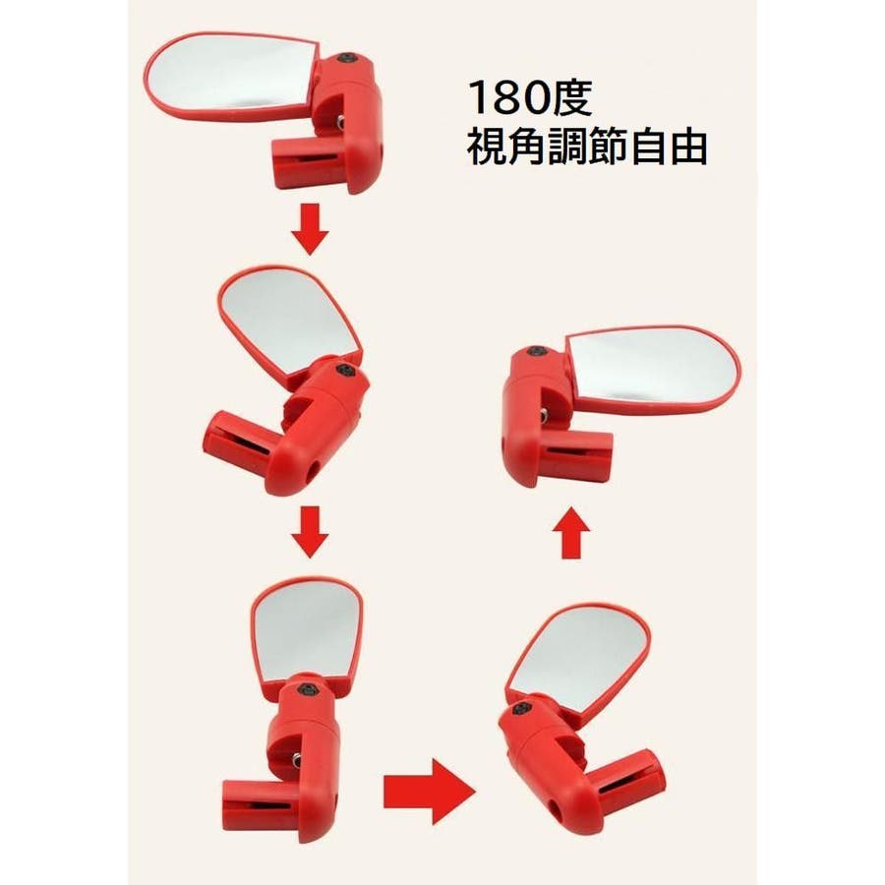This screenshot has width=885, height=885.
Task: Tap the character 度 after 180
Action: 571,97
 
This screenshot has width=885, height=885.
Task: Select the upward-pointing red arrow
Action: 571,532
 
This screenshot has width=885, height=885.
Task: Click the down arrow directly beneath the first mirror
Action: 311,229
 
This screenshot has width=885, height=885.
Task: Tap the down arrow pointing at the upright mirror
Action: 311,532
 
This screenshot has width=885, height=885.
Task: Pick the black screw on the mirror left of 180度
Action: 345,59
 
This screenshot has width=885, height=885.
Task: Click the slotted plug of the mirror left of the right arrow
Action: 261,804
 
